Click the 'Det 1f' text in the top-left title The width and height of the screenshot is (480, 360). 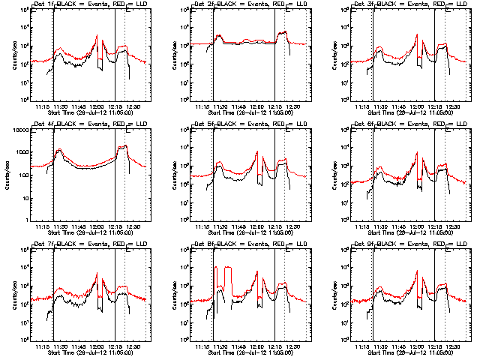(43, 5)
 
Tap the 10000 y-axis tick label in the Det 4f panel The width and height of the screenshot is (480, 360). (16, 130)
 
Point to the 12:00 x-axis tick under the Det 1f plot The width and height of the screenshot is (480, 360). (97, 106)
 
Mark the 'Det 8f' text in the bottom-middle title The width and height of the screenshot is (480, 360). (203, 245)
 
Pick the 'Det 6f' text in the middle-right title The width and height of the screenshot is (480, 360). (364, 125)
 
